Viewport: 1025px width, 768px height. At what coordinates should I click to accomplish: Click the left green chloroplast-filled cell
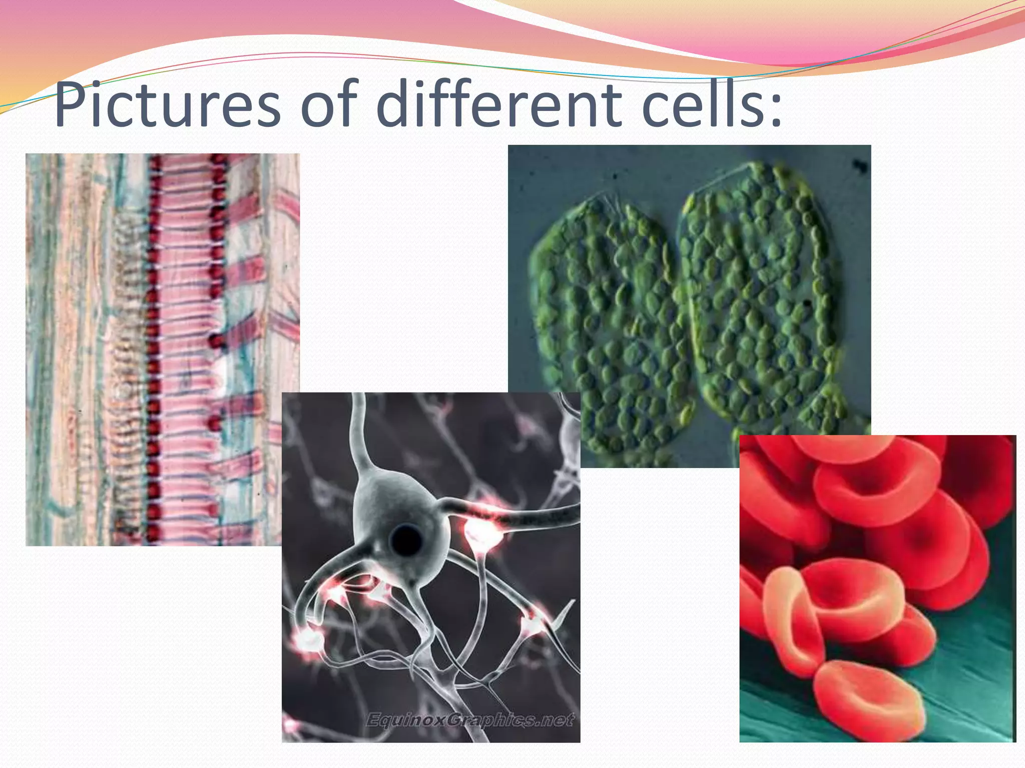click(606, 320)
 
